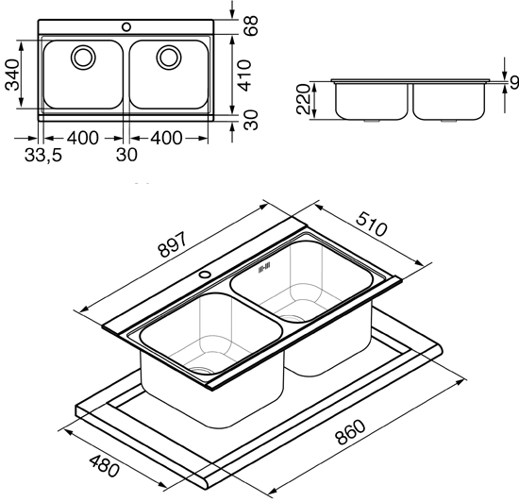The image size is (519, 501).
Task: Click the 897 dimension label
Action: click(173, 244)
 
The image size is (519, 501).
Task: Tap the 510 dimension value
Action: click(371, 224)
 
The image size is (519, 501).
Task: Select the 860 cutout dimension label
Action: click(351, 432)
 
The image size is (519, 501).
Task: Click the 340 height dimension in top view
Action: click(12, 75)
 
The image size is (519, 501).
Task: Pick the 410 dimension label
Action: click(245, 75)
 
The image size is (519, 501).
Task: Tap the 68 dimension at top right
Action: click(251, 25)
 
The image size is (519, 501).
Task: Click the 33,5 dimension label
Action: click(43, 155)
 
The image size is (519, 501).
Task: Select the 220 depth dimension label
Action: click(303, 99)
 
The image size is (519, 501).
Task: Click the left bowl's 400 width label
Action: click(83, 138)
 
